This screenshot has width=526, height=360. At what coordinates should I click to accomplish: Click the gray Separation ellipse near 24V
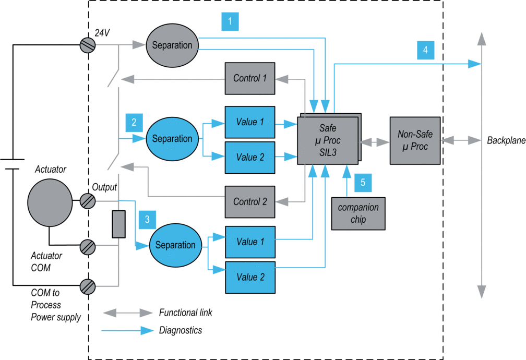[x=172, y=45]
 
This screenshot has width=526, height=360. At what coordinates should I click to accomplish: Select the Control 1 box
[x=250, y=78]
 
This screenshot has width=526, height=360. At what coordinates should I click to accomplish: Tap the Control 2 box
[x=250, y=201]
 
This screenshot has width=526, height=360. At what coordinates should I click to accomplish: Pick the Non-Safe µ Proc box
[x=415, y=140]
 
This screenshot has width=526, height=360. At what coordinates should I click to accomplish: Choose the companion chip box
[x=358, y=213]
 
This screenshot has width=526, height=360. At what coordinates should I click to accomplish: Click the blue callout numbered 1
[x=230, y=21]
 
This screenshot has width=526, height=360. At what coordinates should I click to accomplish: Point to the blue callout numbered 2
[x=134, y=123]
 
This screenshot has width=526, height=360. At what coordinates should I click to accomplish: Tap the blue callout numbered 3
[x=147, y=220]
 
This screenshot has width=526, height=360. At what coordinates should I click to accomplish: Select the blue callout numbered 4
[x=426, y=50]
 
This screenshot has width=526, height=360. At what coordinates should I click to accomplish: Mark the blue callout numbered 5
[x=363, y=183]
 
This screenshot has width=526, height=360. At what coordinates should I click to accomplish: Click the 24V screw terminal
[x=88, y=45]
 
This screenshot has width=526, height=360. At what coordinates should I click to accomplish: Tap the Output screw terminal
[x=88, y=201]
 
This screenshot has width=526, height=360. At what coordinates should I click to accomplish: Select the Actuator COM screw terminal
[x=88, y=248]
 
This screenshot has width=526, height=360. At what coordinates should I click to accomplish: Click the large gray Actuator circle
[x=50, y=202]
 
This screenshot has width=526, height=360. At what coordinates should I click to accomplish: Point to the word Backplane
[x=506, y=140]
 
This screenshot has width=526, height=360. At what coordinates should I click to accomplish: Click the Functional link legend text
[x=186, y=313]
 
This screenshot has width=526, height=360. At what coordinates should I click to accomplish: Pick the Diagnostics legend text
[x=181, y=330]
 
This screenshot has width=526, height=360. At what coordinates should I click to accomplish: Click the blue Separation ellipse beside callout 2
[x=172, y=139]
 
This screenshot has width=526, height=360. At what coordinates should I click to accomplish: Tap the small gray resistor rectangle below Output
[x=119, y=224]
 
